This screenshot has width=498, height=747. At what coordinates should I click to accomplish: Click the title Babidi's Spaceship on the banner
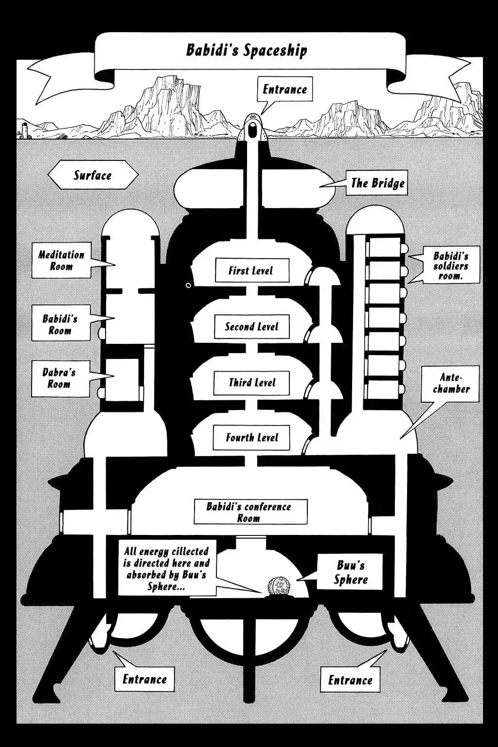[247, 50]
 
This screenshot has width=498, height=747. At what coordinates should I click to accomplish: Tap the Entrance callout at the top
[285, 89]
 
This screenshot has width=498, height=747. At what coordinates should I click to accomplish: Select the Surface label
[93, 175]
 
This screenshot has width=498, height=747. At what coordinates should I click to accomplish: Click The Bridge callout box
[377, 183]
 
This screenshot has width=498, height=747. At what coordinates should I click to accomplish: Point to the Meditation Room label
[61, 260]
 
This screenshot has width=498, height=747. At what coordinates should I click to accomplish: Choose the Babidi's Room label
[60, 324]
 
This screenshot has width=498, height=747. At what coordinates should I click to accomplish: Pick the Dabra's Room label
[59, 378]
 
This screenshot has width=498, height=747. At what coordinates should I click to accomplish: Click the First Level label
[251, 270]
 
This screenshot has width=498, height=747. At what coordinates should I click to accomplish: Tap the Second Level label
[251, 326]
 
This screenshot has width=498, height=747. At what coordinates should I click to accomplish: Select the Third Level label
[252, 383]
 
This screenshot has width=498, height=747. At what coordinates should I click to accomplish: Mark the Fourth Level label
[251, 437]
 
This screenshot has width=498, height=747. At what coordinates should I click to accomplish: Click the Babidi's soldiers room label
[451, 266]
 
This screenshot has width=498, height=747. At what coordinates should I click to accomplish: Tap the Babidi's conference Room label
[249, 512]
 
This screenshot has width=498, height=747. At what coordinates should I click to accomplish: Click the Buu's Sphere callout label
[351, 572]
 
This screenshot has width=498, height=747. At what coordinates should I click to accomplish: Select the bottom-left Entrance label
[144, 679]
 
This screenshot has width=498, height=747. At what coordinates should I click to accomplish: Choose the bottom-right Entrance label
[350, 679]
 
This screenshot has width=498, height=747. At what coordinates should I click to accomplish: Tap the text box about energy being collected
[166, 569]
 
